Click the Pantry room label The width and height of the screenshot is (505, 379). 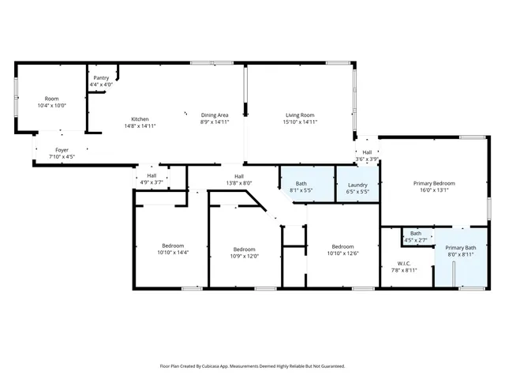[x=101, y=78]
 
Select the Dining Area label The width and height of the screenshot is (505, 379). [x=215, y=115]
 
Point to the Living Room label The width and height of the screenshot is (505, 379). [x=300, y=115]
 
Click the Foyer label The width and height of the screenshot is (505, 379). [x=62, y=149]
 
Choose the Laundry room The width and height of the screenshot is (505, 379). [x=357, y=187]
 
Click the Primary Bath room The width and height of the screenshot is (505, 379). [x=461, y=251]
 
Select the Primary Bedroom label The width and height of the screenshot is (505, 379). [x=435, y=183]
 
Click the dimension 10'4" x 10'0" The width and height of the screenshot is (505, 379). [x=51, y=105]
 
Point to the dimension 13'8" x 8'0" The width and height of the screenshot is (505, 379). [x=238, y=183]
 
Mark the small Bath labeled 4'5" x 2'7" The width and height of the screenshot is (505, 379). [x=415, y=235]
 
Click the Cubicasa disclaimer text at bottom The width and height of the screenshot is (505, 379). [x=252, y=366]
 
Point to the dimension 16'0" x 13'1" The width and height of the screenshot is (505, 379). [x=435, y=189]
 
